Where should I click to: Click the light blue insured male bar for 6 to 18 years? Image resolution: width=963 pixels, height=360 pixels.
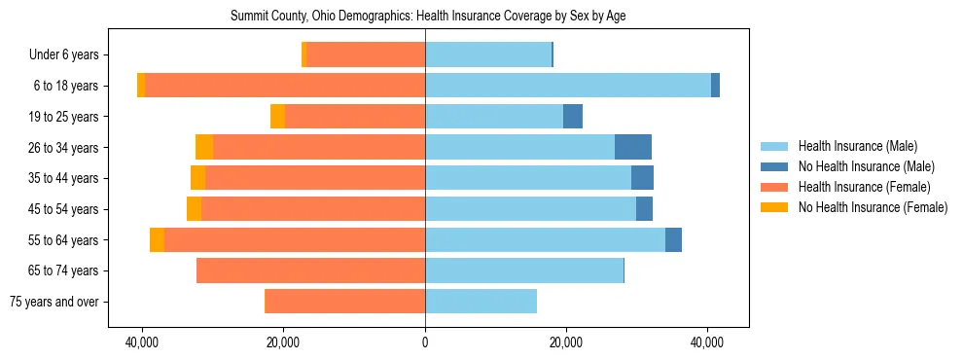[567, 86]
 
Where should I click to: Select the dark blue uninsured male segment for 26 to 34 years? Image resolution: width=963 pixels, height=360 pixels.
[632, 147]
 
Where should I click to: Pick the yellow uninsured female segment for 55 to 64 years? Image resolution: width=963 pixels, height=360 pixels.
[157, 239]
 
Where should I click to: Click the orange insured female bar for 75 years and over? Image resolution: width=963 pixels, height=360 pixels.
[345, 302]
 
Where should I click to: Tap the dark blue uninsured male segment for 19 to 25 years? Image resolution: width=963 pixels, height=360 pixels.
[573, 117]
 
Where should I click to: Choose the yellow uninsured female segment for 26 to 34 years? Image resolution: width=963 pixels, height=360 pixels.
[204, 147]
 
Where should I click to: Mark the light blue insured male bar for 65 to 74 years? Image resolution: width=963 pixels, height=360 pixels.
[523, 270]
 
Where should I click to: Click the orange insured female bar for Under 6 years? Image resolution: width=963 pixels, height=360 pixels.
[366, 55]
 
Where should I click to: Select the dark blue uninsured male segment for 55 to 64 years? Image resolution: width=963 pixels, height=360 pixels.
[673, 239]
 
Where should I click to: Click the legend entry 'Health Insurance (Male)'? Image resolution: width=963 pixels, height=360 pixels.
[857, 146]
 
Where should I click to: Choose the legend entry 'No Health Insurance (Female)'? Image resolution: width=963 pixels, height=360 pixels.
[873, 207]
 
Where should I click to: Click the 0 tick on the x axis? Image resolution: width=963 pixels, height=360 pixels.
[425, 343]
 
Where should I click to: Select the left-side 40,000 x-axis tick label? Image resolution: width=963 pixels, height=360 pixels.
[143, 343]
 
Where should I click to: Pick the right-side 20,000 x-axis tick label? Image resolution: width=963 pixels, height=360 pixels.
[565, 343]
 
